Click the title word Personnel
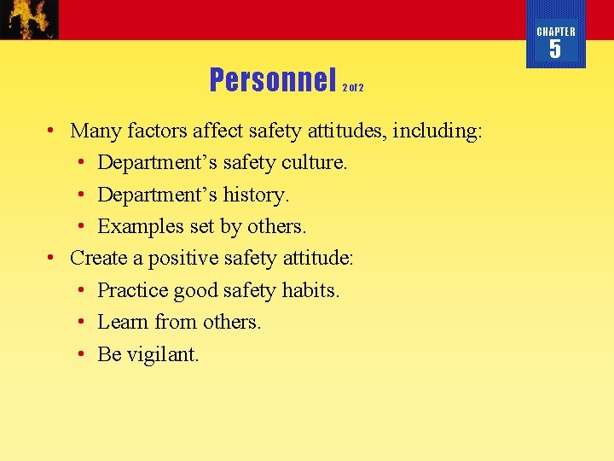273,80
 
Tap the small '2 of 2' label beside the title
353,87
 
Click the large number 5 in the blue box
555,50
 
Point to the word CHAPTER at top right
556,32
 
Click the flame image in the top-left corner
30,19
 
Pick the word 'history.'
257,195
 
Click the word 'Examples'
136,226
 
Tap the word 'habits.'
311,290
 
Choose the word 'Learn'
123,322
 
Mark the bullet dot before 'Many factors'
52,131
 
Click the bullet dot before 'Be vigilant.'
80,354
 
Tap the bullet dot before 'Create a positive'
52,258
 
